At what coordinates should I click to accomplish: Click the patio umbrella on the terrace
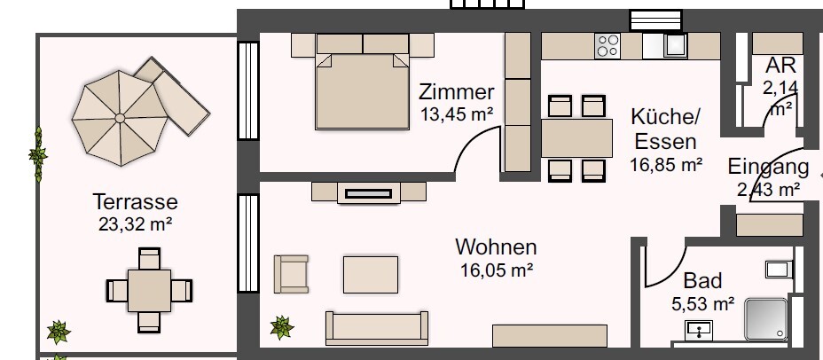pyautogui.click(x=118, y=117)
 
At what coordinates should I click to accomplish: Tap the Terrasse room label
pyautogui.click(x=135, y=201)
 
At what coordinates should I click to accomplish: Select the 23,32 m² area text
pyautogui.click(x=135, y=223)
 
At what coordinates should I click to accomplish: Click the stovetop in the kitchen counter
pyautogui.click(x=607, y=45)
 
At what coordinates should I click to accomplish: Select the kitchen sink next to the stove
pyautogui.click(x=676, y=44)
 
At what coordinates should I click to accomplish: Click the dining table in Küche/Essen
pyautogui.click(x=577, y=137)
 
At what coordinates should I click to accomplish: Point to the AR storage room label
pyautogui.click(x=780, y=66)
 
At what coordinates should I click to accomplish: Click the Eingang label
pyautogui.click(x=768, y=167)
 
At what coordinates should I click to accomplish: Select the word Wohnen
pyautogui.click(x=496, y=247)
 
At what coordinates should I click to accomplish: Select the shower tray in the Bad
pyautogui.click(x=764, y=318)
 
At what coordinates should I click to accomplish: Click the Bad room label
pyautogui.click(x=702, y=281)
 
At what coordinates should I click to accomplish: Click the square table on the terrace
pyautogui.click(x=148, y=289)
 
